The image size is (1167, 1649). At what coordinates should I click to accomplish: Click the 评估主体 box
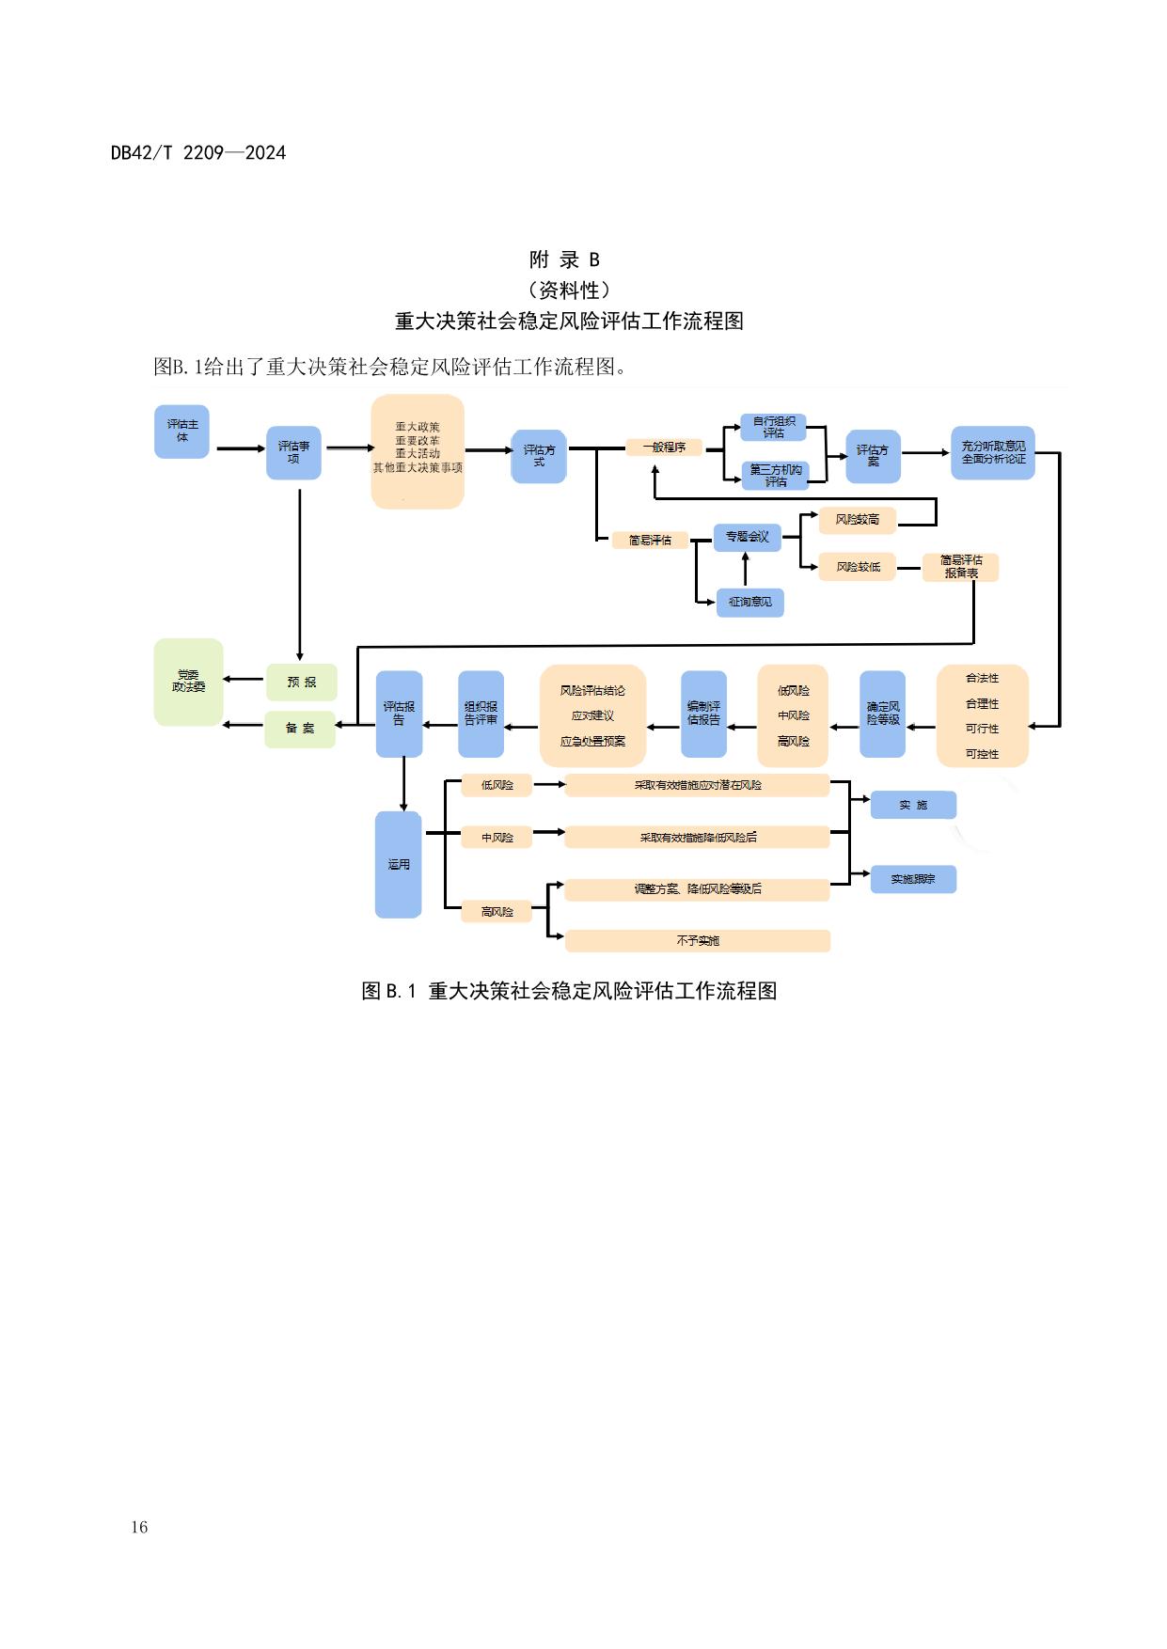[x=181, y=432]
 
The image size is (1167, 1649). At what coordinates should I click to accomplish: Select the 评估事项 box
[x=293, y=452]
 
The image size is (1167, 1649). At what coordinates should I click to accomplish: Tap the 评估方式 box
[x=538, y=456]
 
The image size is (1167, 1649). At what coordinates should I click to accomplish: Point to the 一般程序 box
[x=664, y=448]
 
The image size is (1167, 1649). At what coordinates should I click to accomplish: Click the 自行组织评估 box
[x=773, y=428]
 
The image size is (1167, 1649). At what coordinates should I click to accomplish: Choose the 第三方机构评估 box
[x=775, y=476]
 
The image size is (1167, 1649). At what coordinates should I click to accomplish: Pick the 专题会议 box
[x=747, y=537]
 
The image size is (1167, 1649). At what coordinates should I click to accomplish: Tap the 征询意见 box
[x=749, y=602]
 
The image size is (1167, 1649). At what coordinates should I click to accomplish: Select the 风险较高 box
[x=857, y=519]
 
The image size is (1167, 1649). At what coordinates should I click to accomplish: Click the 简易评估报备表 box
[x=960, y=567]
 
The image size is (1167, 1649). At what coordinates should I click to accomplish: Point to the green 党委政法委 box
[x=188, y=682]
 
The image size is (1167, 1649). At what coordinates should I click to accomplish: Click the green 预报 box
[x=301, y=682]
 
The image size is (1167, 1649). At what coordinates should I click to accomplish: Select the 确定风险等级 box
[x=882, y=714]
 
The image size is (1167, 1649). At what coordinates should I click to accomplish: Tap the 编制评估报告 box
[x=703, y=714]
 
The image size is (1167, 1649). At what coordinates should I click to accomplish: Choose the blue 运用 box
[x=398, y=864]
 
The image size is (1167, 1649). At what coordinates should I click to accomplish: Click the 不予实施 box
[x=697, y=940]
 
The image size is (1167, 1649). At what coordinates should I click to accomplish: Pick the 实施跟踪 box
[x=912, y=879]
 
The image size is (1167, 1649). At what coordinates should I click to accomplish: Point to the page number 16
[x=139, y=1527]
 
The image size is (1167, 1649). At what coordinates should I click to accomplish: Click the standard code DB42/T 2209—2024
[x=198, y=153]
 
